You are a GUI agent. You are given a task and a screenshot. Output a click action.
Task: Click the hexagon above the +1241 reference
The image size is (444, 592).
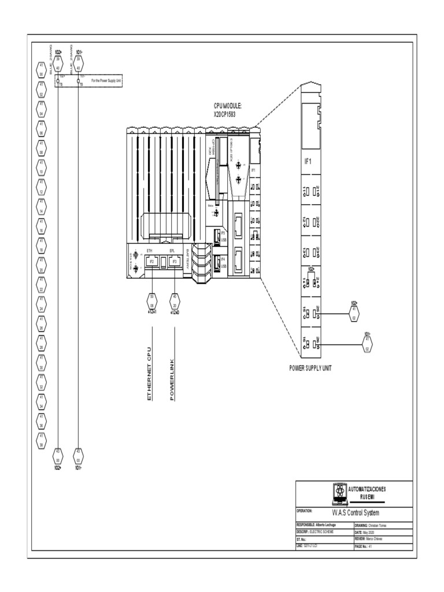(x=151, y=301)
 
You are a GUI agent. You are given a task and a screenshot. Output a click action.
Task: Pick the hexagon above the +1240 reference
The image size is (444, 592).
(x=174, y=301)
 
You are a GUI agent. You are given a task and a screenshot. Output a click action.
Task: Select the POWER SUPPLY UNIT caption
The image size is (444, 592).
(x=313, y=368)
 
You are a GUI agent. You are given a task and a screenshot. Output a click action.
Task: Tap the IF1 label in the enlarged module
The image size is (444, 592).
(x=308, y=162)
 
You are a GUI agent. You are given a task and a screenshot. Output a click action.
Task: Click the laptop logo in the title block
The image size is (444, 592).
(x=338, y=492)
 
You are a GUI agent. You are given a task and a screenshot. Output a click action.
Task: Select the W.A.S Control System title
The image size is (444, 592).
(x=355, y=512)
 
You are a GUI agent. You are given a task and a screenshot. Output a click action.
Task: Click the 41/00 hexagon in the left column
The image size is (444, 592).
(x=42, y=70)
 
